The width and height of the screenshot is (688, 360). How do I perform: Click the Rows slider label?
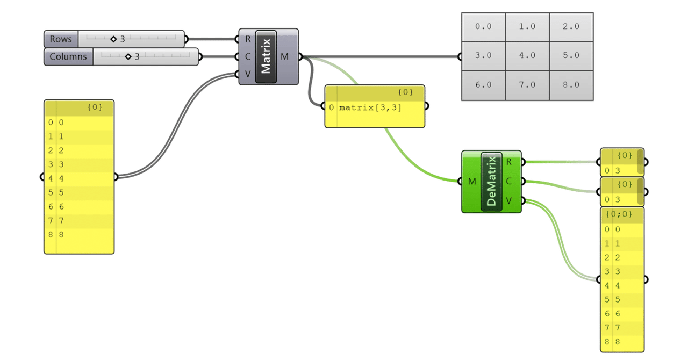(61, 39)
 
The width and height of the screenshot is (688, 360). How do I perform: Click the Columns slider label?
(68, 56)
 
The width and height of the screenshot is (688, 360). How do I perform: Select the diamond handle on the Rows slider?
(113, 39)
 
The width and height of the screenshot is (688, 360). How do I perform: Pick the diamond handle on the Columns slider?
(128, 56)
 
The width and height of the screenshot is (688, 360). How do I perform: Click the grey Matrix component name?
(266, 56)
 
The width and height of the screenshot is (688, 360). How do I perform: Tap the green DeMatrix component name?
(491, 182)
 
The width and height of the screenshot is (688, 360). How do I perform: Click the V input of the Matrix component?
(247, 74)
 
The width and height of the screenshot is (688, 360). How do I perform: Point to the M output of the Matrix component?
(285, 56)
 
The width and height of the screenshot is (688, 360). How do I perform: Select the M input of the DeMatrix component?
(471, 182)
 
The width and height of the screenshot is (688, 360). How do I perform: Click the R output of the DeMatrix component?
(509, 162)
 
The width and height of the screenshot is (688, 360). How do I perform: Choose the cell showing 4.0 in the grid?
(527, 55)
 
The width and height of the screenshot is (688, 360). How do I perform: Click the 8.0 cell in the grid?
(571, 84)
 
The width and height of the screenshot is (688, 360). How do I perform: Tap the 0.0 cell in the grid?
(483, 26)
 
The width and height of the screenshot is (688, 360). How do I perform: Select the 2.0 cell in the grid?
(571, 26)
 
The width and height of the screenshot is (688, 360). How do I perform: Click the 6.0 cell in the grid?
(483, 84)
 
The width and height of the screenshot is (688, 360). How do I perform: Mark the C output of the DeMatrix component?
(509, 181)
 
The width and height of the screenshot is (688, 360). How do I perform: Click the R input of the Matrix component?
(247, 39)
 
